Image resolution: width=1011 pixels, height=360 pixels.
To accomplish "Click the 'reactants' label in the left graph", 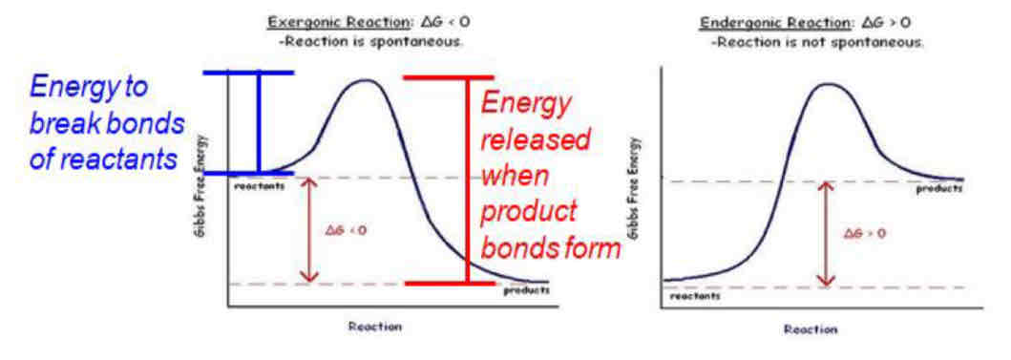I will (x=259, y=185).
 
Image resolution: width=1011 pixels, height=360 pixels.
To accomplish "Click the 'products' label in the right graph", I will (x=938, y=188).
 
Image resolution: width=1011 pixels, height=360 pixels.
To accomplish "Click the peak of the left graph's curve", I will (x=363, y=80).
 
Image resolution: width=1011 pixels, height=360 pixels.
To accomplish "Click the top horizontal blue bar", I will (x=247, y=73).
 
